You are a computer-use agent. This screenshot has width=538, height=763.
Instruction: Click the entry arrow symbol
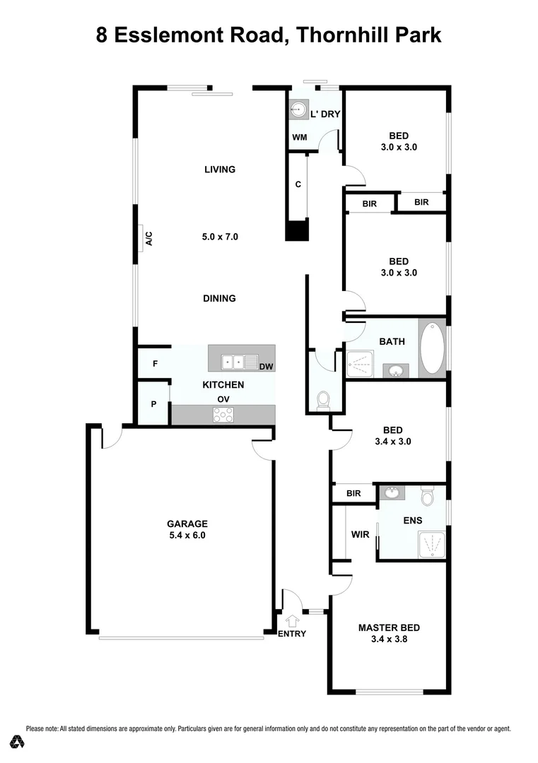coord(292,621)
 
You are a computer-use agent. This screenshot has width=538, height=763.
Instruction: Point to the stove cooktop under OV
coord(223,415)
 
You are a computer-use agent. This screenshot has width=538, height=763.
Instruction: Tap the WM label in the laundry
coord(300,137)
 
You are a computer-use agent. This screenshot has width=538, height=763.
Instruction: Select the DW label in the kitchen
coord(266,367)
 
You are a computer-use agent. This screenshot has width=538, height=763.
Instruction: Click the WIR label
coord(360,534)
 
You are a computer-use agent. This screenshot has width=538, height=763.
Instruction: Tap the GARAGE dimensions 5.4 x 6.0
coord(187,535)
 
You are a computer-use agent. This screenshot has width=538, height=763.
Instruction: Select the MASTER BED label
coord(389,627)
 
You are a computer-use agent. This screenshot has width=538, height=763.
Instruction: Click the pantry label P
coord(153,405)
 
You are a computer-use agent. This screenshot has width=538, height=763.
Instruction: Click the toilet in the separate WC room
coord(324,401)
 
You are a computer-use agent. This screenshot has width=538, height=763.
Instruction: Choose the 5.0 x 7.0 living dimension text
coord(220,237)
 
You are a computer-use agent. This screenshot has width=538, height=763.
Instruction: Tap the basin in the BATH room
coord(394,371)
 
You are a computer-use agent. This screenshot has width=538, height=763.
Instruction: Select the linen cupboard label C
coord(298,184)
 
